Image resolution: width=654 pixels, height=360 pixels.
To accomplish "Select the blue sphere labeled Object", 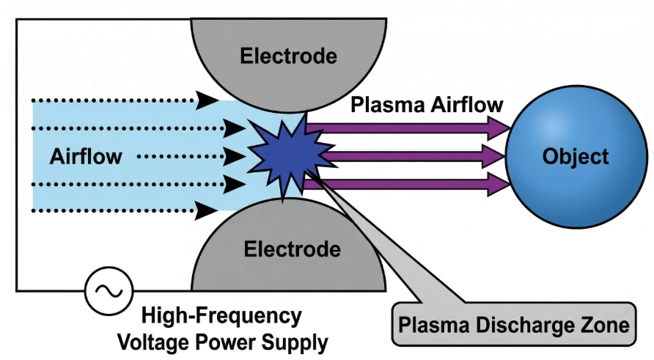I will (x=575, y=155).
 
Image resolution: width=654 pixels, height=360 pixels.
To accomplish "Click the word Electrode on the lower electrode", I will (x=293, y=249).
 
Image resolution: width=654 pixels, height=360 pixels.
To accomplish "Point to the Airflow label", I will (x=86, y=156).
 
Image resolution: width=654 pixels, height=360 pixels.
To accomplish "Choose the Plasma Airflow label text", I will (x=427, y=104).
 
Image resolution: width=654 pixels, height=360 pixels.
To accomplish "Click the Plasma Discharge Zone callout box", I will (x=513, y=323).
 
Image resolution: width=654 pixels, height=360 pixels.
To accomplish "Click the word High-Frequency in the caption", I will (x=221, y=316).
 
